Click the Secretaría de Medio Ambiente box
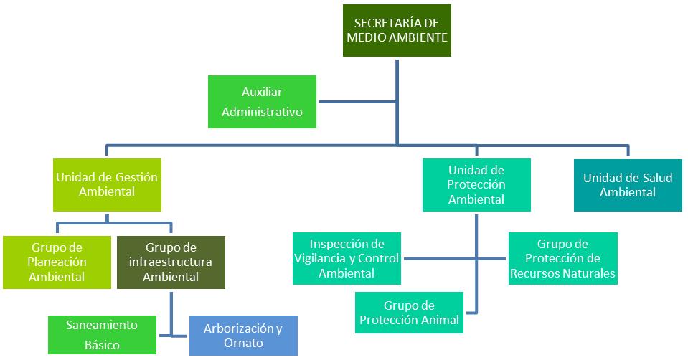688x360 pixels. tap(397, 31)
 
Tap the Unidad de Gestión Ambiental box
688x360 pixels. tap(106, 184)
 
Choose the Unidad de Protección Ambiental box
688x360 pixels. tap(476, 184)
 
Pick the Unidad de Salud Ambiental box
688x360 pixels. tap(628, 185)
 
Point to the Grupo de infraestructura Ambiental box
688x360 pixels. tap(170, 262)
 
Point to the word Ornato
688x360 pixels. tap(243, 344)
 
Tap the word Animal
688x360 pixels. tap(441, 321)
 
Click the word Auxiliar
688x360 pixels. tap(262, 92)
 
